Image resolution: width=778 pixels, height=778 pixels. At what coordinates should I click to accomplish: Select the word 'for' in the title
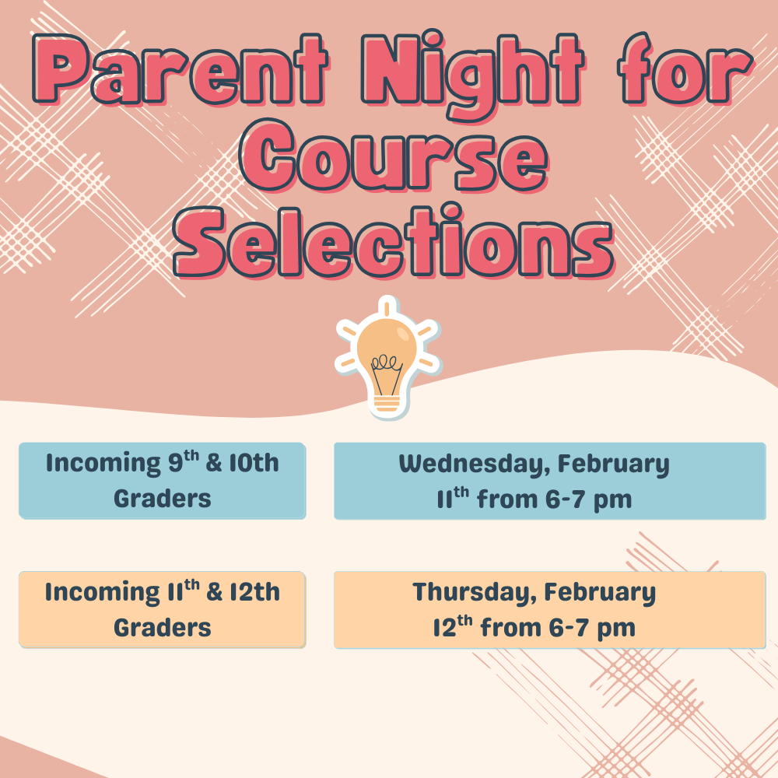[675, 72]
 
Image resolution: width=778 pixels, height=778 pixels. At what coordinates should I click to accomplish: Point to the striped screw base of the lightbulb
[387, 403]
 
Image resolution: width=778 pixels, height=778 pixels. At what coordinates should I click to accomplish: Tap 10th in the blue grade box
[254, 464]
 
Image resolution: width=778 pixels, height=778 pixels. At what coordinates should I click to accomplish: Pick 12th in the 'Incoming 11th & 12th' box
[254, 592]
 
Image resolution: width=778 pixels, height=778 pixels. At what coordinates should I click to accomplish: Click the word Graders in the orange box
[163, 627]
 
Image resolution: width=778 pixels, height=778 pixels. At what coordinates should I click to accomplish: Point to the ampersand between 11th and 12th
[215, 592]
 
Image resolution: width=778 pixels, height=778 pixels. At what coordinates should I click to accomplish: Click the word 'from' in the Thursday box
[507, 627]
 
